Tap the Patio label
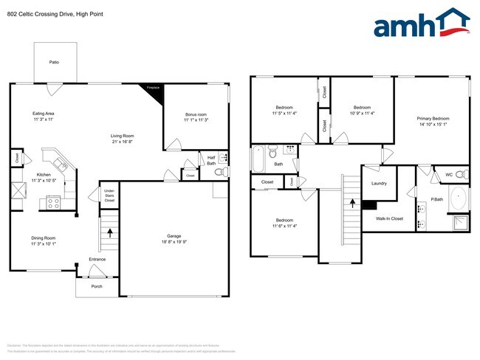point(54,62)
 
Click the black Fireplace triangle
point(151,89)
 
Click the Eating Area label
point(44,116)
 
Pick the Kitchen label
point(44,177)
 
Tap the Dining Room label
point(44,240)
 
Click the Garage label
point(174,240)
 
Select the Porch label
point(96,286)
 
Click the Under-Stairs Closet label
point(109,195)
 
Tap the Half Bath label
point(210,160)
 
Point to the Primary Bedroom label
point(433,121)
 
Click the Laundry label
point(379,183)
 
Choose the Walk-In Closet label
point(389,218)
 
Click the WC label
point(448,175)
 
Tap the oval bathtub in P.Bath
point(458,200)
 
